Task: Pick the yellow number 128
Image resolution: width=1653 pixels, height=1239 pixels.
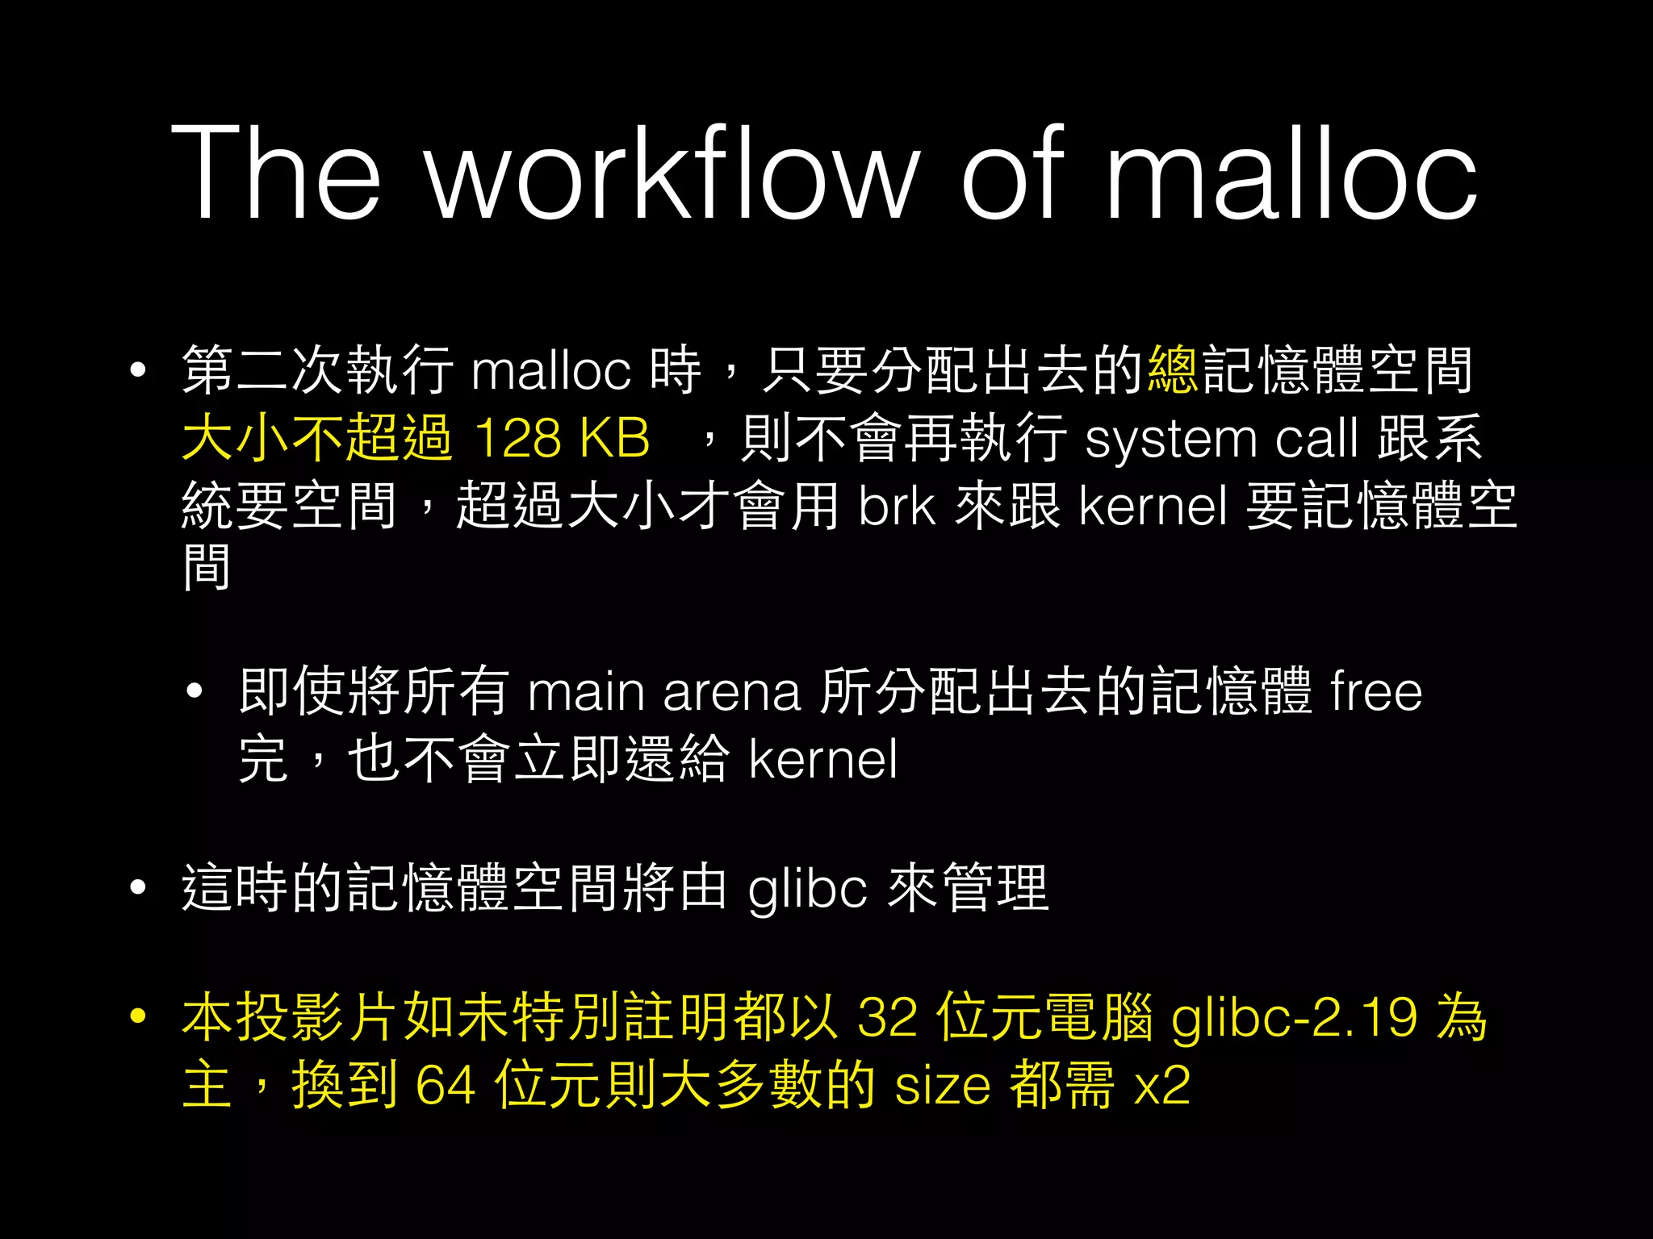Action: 517,439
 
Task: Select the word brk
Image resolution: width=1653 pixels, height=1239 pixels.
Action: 897,507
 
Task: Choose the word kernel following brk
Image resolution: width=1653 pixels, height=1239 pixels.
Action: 1153,507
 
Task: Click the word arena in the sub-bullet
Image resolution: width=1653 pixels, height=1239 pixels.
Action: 731,692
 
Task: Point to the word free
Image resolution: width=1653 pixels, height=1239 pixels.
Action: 1375,692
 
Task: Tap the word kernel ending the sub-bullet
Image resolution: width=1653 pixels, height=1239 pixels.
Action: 822,760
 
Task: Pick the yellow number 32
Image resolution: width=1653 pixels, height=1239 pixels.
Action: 887,1018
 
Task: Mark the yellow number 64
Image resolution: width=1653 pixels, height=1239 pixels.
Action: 445,1086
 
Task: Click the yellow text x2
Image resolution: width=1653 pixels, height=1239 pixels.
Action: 1161,1086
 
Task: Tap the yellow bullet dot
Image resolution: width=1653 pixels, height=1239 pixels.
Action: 139,1016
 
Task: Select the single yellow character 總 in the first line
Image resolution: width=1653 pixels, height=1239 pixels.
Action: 1173,370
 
